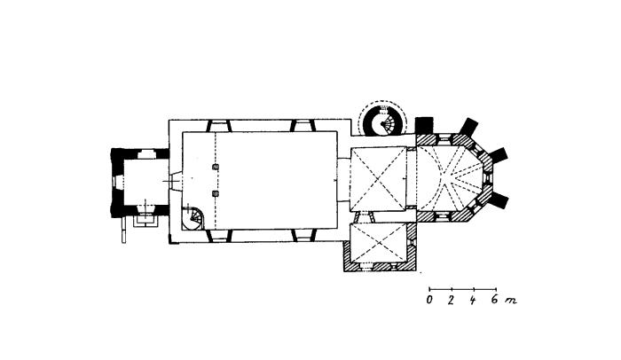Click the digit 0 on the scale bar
click(x=429, y=301)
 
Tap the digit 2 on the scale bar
click(x=451, y=301)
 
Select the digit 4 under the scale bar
click(x=473, y=301)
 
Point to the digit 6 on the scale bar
click(x=495, y=301)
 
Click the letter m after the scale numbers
click(x=510, y=301)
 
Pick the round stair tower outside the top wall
click(x=382, y=119)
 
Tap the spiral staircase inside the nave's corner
click(x=194, y=217)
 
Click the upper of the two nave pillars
click(x=216, y=167)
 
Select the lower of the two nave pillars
click(x=216, y=193)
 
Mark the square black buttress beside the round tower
click(x=424, y=125)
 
